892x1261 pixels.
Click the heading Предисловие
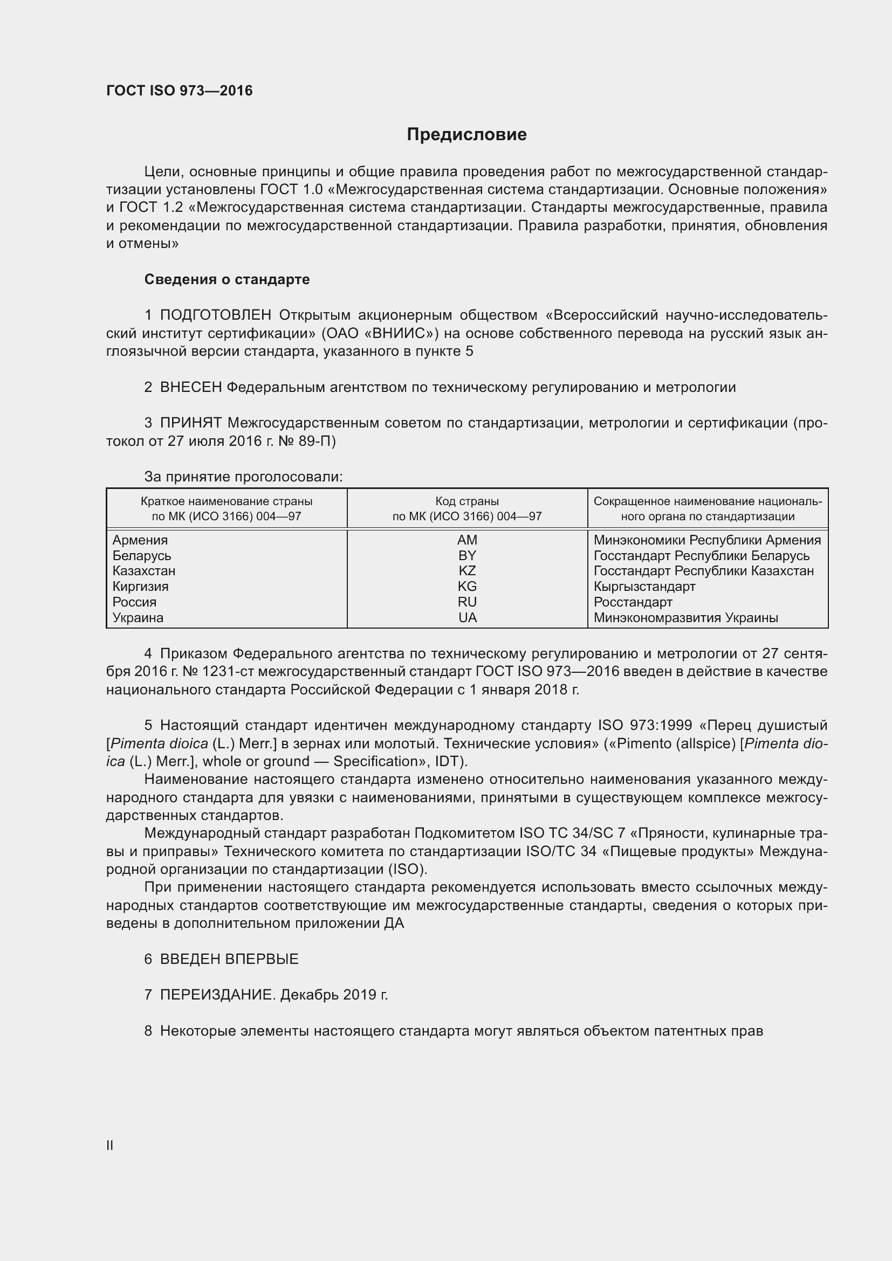click(x=466, y=135)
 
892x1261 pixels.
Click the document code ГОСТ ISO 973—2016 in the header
click(x=179, y=91)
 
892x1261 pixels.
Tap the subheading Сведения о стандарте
click(x=227, y=280)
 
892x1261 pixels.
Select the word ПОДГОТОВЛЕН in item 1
click(x=215, y=315)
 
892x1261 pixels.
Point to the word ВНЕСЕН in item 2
click(x=190, y=387)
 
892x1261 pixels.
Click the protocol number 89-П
click(x=317, y=441)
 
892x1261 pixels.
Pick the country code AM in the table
click(x=467, y=540)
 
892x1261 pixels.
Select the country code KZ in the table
click(x=467, y=570)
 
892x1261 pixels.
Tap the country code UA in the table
click(x=468, y=617)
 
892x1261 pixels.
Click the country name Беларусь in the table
click(x=142, y=555)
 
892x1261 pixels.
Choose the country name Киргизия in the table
click(x=140, y=587)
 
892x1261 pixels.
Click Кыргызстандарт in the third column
click(x=644, y=587)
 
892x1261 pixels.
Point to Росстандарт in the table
click(x=633, y=602)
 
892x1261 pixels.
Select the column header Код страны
click(x=467, y=501)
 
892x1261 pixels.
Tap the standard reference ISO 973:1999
click(x=645, y=726)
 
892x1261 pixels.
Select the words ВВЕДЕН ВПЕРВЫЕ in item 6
click(x=229, y=959)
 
